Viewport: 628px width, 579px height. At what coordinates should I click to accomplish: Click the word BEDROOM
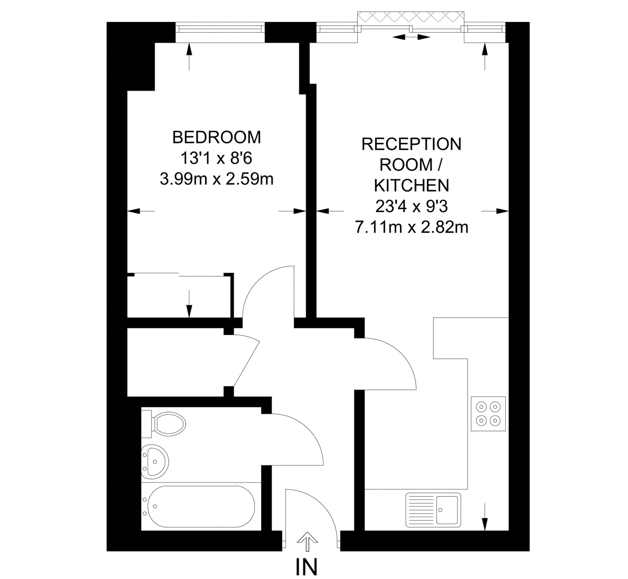pos(216,137)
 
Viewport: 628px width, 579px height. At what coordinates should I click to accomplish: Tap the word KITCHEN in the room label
pos(411,185)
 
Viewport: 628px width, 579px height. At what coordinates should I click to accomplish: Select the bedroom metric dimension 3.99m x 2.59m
pos(216,179)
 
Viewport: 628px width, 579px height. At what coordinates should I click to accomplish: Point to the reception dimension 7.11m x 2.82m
pos(411,227)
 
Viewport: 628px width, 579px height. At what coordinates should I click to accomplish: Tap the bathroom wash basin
pos(155,461)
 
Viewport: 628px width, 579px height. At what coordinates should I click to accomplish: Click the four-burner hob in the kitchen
pos(488,414)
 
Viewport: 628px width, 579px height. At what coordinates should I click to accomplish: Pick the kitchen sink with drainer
pos(433,509)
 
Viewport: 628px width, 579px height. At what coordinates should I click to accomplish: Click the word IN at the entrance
pos(306,567)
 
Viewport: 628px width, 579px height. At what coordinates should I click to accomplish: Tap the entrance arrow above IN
pos(307,541)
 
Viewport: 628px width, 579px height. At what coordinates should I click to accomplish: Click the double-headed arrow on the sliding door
pos(411,37)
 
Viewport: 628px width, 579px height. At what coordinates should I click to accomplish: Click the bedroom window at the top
pos(220,29)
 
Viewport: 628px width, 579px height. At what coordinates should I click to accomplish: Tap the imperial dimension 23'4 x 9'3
pos(411,206)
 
